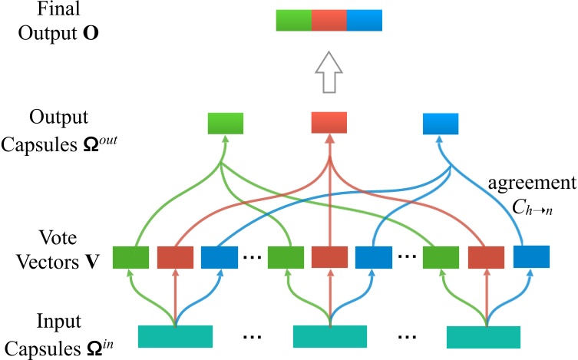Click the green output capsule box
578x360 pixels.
[226, 123]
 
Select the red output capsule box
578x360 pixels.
[329, 123]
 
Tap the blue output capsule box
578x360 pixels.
[441, 123]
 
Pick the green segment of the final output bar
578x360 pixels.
[294, 20]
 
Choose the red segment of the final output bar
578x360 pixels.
[329, 20]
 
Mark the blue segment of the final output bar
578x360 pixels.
[365, 20]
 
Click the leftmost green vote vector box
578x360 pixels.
[130, 257]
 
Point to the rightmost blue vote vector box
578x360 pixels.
[531, 257]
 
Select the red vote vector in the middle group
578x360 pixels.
[329, 257]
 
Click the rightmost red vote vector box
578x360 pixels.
[485, 257]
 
